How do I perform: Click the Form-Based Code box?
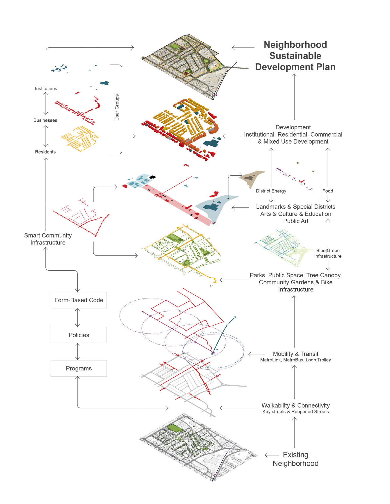pos(79,300)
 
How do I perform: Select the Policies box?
pos(79,335)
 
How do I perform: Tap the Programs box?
pos(79,368)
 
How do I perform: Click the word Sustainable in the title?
pos(295,56)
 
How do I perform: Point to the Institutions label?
pos(46,89)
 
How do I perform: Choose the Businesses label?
pos(45,120)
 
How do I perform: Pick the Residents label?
pos(45,152)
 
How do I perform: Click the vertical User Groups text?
pos(117,107)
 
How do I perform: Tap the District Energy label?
pos(271,191)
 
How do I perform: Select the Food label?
pos(328,191)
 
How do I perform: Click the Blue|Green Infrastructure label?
pos(328,253)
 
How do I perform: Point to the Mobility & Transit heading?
pos(295,354)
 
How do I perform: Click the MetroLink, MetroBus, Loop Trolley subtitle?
pos(295,360)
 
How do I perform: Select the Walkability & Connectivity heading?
pos(295,405)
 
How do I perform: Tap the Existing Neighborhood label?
pos(295,459)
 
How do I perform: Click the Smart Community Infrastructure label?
pos(48,239)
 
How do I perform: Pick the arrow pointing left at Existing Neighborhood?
pos(272,455)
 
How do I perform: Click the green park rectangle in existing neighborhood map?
pos(175,428)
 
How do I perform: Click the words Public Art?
pos(296,221)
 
